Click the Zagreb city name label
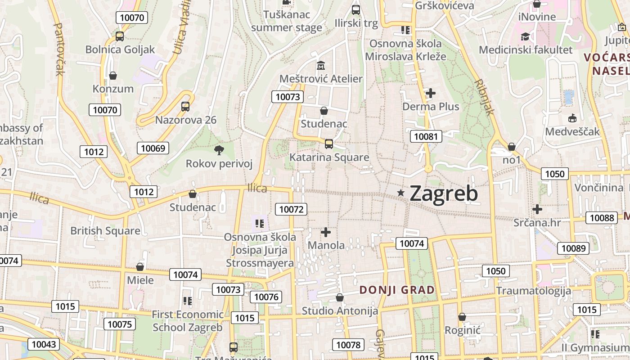point(444,193)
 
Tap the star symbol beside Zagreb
point(400,193)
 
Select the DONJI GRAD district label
point(397,290)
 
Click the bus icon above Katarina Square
point(329,144)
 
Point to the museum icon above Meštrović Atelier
point(321,65)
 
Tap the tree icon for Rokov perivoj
point(219,150)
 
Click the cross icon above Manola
point(326,232)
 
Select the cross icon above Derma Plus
point(431,93)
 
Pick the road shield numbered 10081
point(426,136)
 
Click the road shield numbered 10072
point(291,209)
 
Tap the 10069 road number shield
point(153,148)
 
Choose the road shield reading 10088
point(602,218)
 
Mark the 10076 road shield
point(266,297)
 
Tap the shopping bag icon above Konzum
point(113,75)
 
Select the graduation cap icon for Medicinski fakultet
point(525,36)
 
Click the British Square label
point(105,231)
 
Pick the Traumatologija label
point(533,291)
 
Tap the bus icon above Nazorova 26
point(185,107)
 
